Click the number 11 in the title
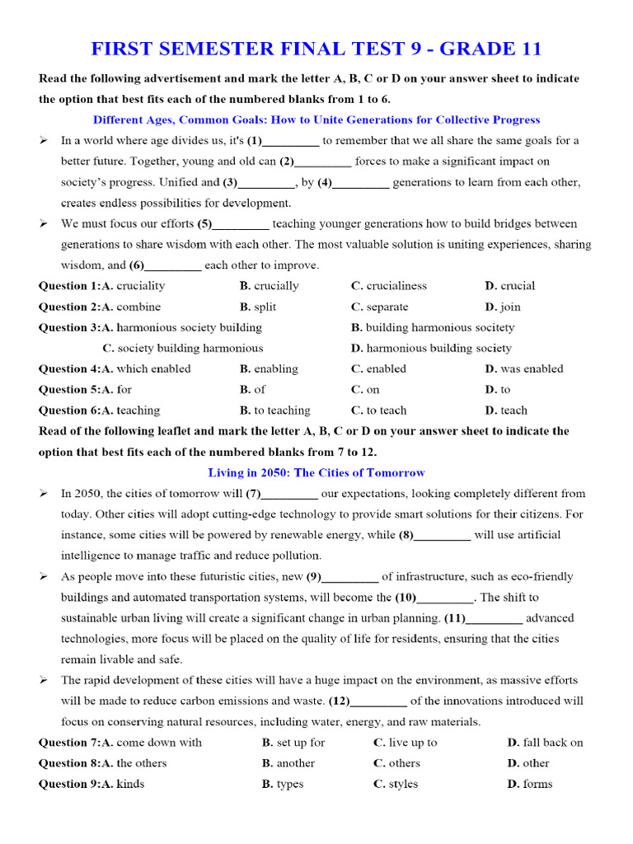(x=527, y=49)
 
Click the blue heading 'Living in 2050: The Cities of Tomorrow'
(x=316, y=473)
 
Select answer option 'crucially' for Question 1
(x=276, y=286)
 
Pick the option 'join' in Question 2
(x=510, y=307)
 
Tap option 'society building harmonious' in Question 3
(x=190, y=349)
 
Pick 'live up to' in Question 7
(x=413, y=743)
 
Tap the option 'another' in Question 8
(x=295, y=763)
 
